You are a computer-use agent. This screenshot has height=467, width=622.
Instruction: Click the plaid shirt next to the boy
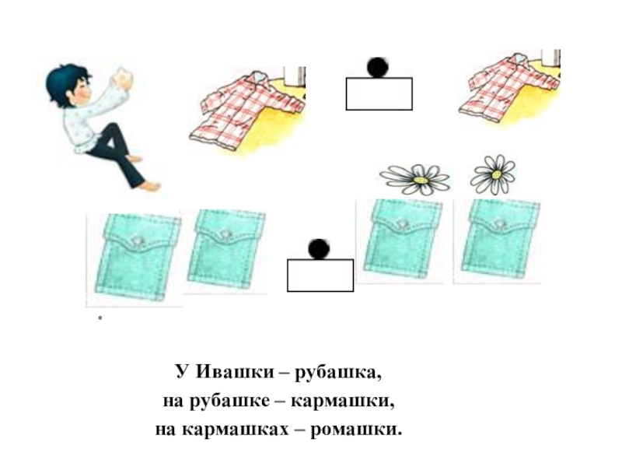(246, 111)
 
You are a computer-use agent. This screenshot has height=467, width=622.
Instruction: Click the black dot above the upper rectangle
(377, 67)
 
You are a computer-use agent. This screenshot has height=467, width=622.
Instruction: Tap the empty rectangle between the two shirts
(379, 93)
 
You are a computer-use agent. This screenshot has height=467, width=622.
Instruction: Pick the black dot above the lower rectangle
(319, 249)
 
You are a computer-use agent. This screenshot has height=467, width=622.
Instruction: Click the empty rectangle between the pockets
(320, 276)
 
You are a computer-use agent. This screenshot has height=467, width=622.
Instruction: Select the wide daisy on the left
(415, 179)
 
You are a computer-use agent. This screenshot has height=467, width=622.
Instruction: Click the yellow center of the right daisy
(496, 174)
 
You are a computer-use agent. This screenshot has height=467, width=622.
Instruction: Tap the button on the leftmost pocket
(138, 241)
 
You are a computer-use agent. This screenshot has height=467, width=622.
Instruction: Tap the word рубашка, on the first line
(338, 373)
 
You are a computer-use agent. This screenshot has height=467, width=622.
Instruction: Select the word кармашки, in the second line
(343, 401)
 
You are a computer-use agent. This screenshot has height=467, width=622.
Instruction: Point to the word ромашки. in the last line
(356, 430)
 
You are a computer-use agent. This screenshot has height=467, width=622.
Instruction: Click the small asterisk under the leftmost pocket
(100, 318)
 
